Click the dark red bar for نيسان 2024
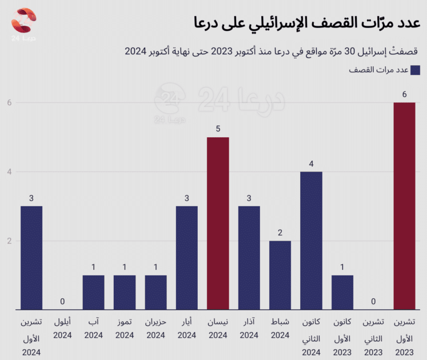tap(218, 223)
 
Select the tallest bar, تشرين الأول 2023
tap(404, 206)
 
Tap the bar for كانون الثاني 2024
tap(311, 240)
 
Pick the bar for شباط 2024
tap(280, 275)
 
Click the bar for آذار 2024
tap(249, 257)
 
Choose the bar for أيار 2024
tap(187, 257)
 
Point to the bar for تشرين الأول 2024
tap(31, 257)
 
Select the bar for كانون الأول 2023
tap(342, 292)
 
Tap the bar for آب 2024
tap(93, 292)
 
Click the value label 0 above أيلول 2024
tap(62, 302)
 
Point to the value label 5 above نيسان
tap(218, 129)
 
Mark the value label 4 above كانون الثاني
tap(311, 164)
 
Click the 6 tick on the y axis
tap(9, 103)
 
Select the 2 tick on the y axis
tap(9, 241)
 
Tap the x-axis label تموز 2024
tap(125, 328)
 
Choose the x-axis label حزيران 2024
tap(155, 328)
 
